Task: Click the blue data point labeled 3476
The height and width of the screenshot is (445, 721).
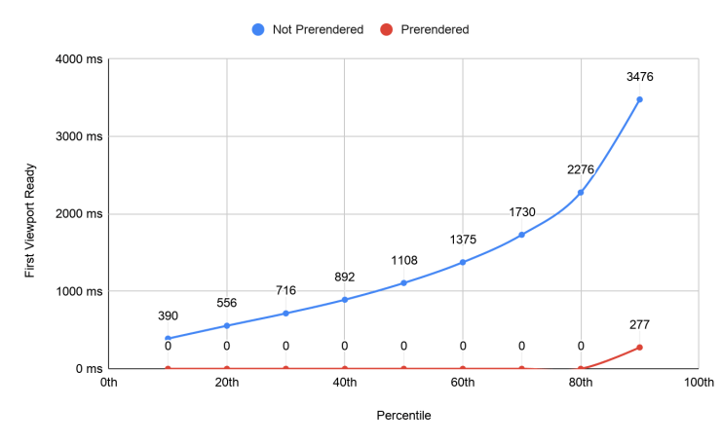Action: pos(639,99)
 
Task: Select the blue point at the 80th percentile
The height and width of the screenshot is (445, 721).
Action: pos(581,192)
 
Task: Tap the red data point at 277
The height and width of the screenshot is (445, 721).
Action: pos(639,347)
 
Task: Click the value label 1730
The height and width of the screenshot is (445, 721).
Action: pos(521,212)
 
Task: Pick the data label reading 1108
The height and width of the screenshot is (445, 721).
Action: pos(403,261)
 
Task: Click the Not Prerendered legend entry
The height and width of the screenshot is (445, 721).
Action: pos(307,29)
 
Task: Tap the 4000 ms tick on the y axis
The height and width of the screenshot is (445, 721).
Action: pos(79,59)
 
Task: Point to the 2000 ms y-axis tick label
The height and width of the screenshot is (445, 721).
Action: pos(79,214)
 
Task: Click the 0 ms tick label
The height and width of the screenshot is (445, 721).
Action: pos(89,368)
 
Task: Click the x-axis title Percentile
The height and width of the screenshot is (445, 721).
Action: pos(403,415)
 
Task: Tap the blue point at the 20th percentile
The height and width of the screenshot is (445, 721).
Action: pos(227,325)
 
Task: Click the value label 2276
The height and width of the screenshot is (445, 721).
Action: pos(581,169)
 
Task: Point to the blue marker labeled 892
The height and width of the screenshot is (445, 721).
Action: pos(345,299)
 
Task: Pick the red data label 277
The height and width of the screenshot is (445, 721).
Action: pos(639,325)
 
